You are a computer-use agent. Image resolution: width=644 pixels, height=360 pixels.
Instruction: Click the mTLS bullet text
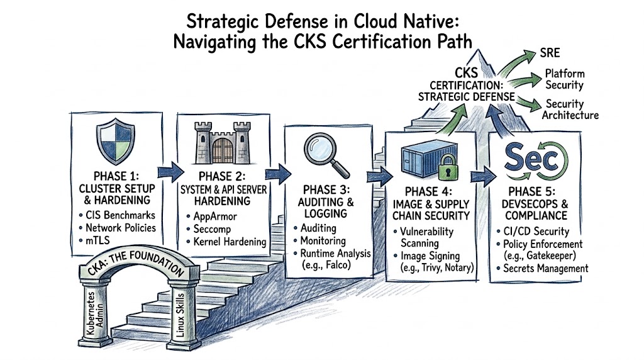pyautogui.click(x=99, y=240)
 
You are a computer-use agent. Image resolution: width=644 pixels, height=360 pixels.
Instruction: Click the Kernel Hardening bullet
pyautogui.click(x=229, y=242)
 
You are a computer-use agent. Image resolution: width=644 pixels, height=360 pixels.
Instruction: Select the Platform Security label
pyautogui.click(x=564, y=79)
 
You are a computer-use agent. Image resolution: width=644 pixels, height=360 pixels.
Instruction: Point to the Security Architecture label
pyautogui.click(x=571, y=110)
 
